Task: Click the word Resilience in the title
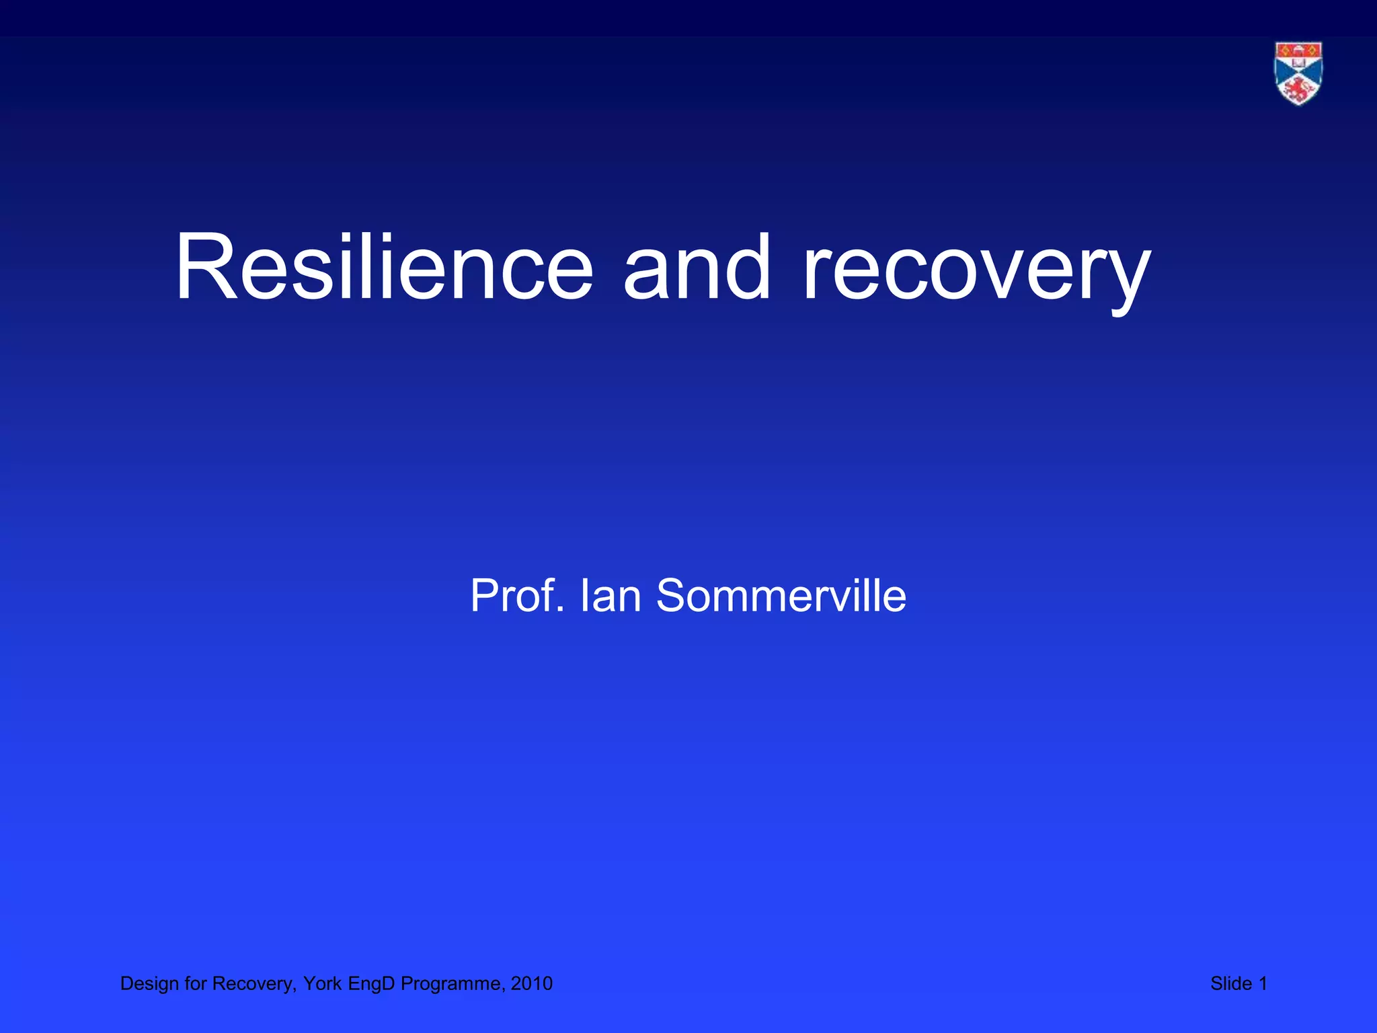pos(384,267)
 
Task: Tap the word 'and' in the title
pos(697,267)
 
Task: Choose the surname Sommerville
pos(781,596)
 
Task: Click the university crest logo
pos(1298,73)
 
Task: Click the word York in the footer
pos(323,984)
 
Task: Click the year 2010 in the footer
pos(532,984)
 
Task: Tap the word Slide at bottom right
pos(1230,984)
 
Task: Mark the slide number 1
pos(1263,984)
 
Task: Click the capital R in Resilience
pos(202,267)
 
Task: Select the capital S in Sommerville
pos(673,596)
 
